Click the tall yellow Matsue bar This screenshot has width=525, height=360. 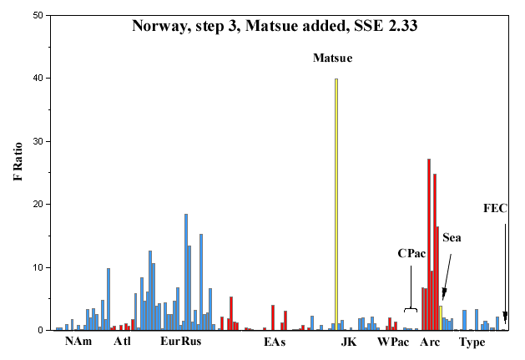tap(336, 205)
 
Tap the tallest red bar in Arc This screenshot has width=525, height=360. tap(429, 245)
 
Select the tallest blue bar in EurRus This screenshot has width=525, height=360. tap(186, 271)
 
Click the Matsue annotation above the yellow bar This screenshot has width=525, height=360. tap(332, 58)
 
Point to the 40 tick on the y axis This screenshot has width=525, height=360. tap(48, 79)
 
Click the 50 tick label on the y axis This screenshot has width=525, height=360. tap(38, 15)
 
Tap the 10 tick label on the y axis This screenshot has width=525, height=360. tap(38, 267)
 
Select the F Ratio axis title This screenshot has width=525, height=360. tap(18, 162)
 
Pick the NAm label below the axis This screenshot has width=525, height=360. tap(78, 342)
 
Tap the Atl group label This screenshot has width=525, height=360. tap(122, 342)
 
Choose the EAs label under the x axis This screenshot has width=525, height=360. tap(275, 342)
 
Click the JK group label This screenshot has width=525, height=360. tap(349, 342)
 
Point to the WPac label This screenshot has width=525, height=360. tap(393, 342)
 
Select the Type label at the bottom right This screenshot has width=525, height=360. tap(472, 342)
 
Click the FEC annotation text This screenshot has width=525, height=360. tap(495, 209)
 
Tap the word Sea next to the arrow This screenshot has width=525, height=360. tap(452, 238)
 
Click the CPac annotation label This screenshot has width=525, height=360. tap(411, 253)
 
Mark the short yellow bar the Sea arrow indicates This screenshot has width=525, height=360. tap(441, 318)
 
